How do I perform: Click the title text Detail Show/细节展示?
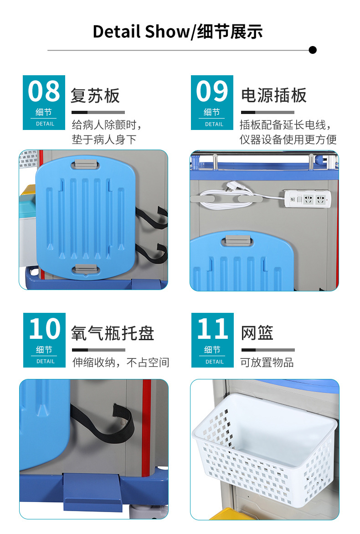[x=178, y=31]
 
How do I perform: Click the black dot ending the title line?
[x=313, y=50]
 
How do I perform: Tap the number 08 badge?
[x=44, y=103]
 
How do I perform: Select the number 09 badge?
[x=212, y=103]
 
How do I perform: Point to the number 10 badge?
[x=44, y=340]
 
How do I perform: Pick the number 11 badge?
[x=212, y=340]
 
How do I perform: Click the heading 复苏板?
[x=95, y=96]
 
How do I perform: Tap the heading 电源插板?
[x=274, y=96]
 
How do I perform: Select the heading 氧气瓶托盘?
[x=113, y=333]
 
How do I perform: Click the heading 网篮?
[x=257, y=333]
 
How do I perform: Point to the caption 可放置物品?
[x=267, y=363]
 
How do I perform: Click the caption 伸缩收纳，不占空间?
[x=121, y=363]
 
